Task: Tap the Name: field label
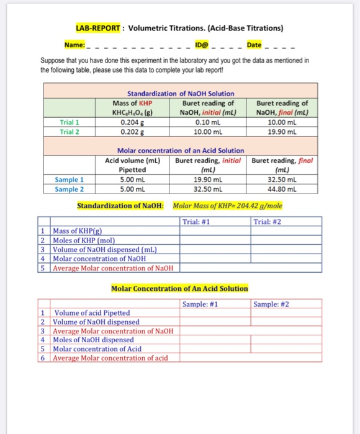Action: (74, 45)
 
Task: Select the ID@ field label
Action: (202, 45)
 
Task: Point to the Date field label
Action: (254, 45)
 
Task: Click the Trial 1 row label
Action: (70, 123)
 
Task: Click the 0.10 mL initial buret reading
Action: (207, 123)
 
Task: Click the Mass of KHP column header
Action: (132, 103)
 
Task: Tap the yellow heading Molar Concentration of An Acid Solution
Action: (179, 288)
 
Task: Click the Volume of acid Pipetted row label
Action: (92, 313)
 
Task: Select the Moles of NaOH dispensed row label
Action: (94, 340)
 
